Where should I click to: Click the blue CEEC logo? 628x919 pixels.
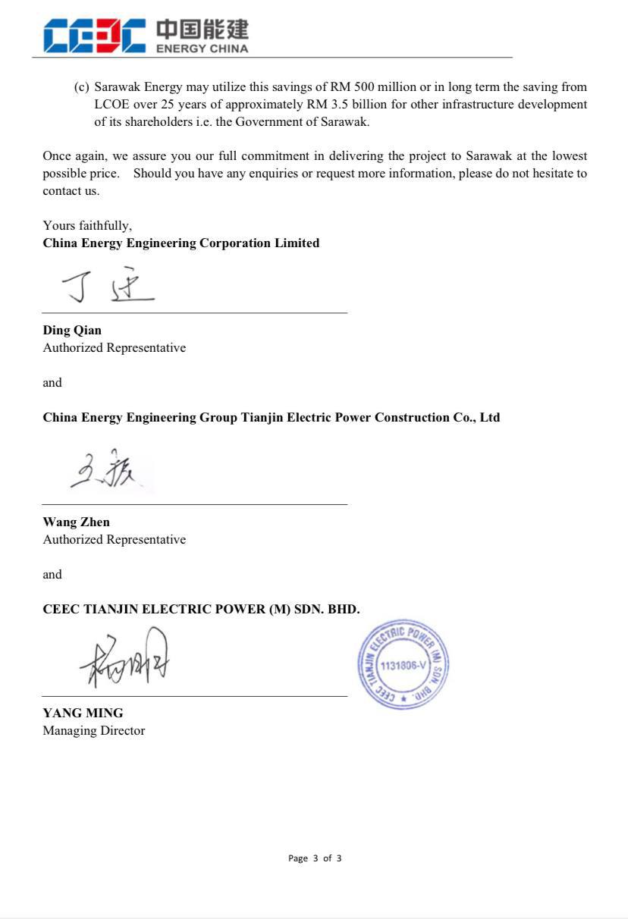point(94,36)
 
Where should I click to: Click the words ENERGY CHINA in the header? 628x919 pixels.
point(202,49)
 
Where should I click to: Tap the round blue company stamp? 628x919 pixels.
point(403,664)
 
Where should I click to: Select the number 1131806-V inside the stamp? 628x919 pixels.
point(403,665)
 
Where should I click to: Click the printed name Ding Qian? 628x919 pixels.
point(72,331)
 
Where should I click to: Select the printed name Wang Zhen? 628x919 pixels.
point(76,522)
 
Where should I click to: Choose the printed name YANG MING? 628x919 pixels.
point(83,714)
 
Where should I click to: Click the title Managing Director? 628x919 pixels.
point(93,731)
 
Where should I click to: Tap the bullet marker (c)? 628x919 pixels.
point(82,87)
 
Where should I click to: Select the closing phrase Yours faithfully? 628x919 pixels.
point(87,226)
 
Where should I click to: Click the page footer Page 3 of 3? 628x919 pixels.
point(315,858)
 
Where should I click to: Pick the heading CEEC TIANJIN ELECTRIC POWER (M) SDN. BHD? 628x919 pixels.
point(201,610)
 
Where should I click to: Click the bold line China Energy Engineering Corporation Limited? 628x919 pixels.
point(181,243)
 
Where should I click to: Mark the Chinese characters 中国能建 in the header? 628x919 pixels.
point(202,30)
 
